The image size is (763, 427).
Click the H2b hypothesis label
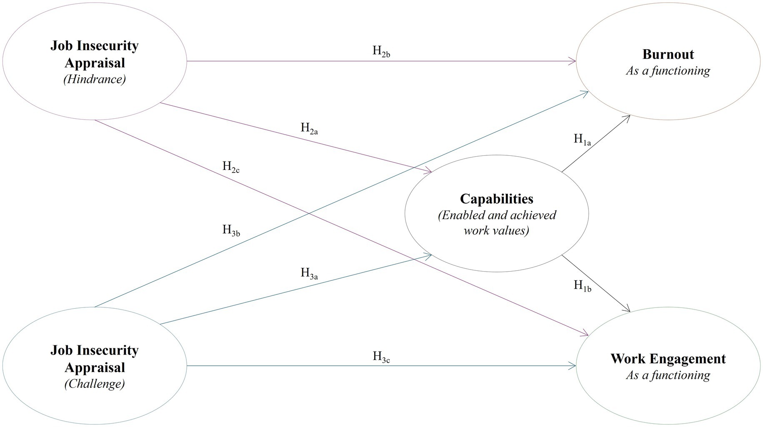(381, 51)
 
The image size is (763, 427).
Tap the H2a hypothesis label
(309, 128)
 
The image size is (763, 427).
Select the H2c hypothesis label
(230, 167)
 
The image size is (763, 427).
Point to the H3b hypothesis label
(231, 230)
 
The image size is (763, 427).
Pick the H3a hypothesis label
(309, 274)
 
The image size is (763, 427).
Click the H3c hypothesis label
(381, 357)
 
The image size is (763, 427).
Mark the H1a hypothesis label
(582, 140)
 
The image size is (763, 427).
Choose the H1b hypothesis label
(582, 286)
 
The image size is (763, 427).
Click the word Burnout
(668, 54)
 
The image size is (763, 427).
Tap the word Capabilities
(496, 199)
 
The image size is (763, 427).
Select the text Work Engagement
(668, 359)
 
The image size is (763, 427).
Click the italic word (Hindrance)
(94, 79)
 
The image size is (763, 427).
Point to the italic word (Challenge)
(94, 384)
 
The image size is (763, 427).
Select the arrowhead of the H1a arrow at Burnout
(627, 118)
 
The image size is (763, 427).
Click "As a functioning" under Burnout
(668, 71)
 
